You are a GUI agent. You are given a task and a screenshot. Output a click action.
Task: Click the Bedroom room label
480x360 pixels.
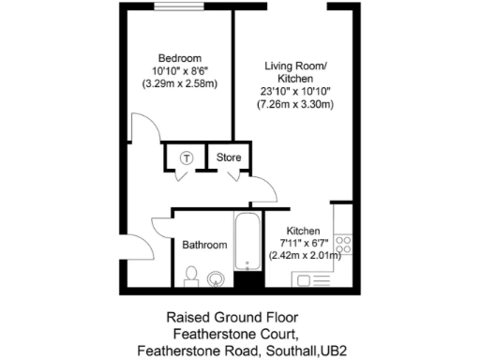point(179,58)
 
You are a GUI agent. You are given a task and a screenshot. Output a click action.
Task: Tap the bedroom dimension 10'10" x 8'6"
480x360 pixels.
point(179,71)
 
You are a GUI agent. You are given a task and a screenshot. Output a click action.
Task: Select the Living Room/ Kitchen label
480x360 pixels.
point(296,72)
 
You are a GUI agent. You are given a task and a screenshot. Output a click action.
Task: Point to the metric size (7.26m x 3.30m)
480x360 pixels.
point(296,104)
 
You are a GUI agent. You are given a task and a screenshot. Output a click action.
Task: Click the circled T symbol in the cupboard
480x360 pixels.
point(187,157)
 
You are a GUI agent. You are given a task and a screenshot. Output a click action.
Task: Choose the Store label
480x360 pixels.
point(230,157)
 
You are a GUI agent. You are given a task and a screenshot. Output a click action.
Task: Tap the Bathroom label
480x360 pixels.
point(204,245)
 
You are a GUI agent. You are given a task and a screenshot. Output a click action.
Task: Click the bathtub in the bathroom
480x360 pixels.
point(247,243)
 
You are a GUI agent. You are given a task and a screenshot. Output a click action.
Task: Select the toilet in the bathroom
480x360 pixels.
point(191,275)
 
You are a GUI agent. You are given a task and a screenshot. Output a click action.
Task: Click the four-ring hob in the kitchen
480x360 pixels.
point(342,246)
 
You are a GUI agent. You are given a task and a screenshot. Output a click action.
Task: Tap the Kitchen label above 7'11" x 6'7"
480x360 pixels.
point(303,231)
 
